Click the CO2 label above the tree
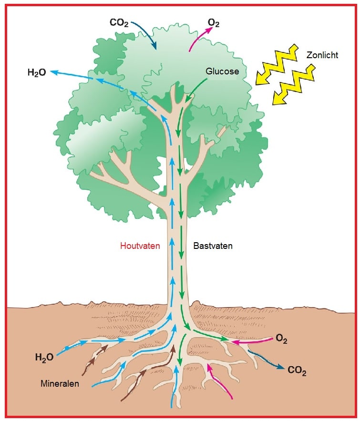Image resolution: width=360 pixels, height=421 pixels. point(119,22)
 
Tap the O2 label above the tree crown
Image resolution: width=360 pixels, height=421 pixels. point(214,23)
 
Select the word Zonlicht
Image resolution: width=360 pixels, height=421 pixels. point(322,55)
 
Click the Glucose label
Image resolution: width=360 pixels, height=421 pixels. point(222,72)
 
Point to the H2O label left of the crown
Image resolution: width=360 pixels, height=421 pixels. point(37,72)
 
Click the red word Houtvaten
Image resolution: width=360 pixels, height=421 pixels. point(140,246)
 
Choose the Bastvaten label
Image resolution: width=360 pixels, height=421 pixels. point(213,246)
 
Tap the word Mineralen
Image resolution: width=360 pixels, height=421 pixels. point(60,383)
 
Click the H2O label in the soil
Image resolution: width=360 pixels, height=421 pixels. point(44,358)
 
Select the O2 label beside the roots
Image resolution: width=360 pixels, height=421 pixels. point(281,339)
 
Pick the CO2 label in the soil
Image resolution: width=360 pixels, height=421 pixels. point(297,370)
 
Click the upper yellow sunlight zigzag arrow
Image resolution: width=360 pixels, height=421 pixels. point(277,64)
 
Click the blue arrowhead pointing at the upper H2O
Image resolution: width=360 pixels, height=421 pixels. point(54,72)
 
